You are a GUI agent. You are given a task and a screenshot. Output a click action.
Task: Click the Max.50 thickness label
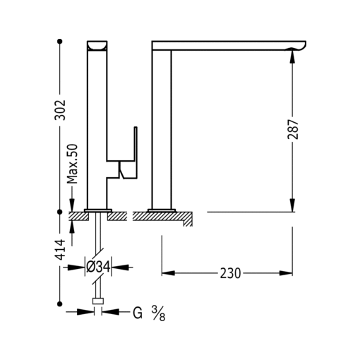coord(71,165)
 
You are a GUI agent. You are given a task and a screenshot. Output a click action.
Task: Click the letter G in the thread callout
coord(136,311)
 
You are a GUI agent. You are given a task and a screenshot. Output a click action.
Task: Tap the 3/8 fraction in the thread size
coord(159,311)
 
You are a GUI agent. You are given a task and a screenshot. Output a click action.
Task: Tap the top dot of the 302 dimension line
coord(61,42)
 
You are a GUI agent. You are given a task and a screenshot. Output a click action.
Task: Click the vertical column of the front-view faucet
coord(162,127)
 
